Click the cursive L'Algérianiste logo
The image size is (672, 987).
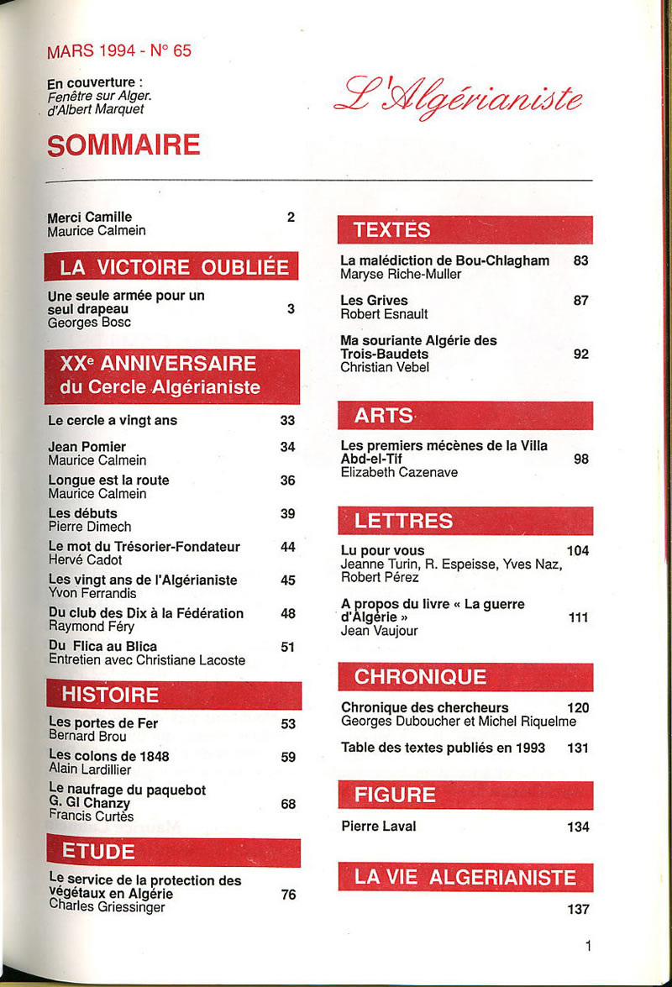458,99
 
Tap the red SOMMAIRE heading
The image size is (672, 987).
123,144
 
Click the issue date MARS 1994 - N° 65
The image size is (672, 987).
119,50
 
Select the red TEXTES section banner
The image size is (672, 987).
465,229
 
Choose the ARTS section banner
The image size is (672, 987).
465,415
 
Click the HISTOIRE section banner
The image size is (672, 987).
173,695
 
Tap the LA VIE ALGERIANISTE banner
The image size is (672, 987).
465,878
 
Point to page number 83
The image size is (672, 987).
580,260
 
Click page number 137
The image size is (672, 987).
578,909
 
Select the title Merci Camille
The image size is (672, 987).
90,217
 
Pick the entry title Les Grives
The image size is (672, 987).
374,300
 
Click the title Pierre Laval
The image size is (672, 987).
379,826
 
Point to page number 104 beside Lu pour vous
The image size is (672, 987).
578,551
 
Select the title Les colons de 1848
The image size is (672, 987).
108,756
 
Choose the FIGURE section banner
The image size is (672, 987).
465,795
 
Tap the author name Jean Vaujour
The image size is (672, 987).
379,631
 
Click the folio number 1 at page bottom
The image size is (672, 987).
588,946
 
